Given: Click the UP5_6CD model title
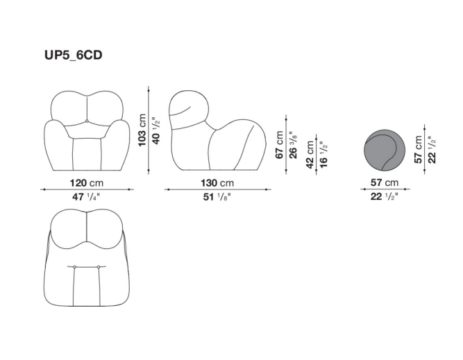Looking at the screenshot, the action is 73,55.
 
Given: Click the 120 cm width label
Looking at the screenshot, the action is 87,183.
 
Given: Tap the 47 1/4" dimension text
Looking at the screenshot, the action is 86,196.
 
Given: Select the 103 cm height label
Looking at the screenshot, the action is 142,130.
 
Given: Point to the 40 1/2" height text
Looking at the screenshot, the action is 156,130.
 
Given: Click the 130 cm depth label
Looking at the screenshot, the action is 217,183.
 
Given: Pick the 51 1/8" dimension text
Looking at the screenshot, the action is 217,196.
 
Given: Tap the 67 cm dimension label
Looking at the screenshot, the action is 279,144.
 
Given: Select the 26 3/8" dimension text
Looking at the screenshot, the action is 293,144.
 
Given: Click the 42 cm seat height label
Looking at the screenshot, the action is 310,155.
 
